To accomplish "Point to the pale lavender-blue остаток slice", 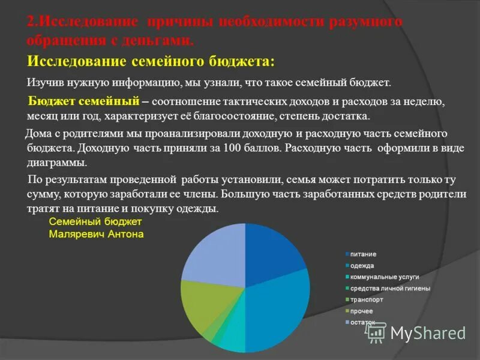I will coord(213,255).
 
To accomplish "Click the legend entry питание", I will coord(363,254).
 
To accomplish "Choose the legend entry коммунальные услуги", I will coord(384,277).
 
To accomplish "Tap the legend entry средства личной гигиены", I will coord(390,289).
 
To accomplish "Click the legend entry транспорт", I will coord(367,299).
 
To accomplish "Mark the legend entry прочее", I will coord(362,311).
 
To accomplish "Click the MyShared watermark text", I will coord(428,333).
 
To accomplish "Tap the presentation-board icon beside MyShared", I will coord(376,332).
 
